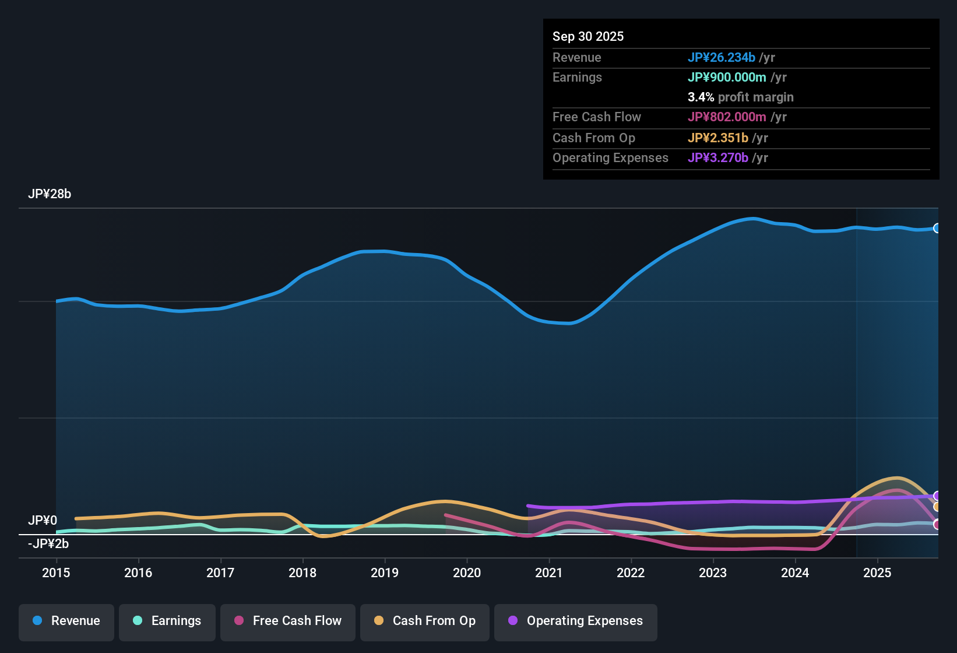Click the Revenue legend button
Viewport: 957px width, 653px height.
(x=66, y=621)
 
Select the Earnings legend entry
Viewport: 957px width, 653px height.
(x=167, y=621)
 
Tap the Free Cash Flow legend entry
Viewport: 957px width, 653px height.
(x=288, y=621)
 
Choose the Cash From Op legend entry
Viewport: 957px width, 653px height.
(x=425, y=621)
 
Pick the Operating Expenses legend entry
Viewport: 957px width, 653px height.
(x=576, y=621)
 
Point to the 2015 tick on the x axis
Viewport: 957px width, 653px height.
(x=56, y=573)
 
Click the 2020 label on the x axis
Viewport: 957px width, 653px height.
(x=467, y=573)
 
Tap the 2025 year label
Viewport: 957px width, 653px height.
(x=877, y=573)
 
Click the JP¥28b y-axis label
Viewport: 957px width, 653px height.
(x=50, y=194)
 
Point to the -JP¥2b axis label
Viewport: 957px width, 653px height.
(x=48, y=544)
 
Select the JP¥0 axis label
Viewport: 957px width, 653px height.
(x=43, y=520)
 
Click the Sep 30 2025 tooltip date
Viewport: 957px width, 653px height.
(x=588, y=36)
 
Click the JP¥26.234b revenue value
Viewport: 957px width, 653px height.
(x=721, y=57)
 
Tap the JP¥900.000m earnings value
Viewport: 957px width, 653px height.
(x=727, y=77)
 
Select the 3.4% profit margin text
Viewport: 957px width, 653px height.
(x=740, y=97)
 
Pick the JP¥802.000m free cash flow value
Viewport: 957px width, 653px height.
(x=727, y=117)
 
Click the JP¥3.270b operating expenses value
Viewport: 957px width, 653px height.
(x=717, y=157)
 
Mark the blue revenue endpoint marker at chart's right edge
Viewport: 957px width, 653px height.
(x=937, y=228)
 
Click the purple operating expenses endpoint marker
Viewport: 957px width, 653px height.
(x=937, y=496)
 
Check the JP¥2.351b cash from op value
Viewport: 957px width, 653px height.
(x=717, y=138)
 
